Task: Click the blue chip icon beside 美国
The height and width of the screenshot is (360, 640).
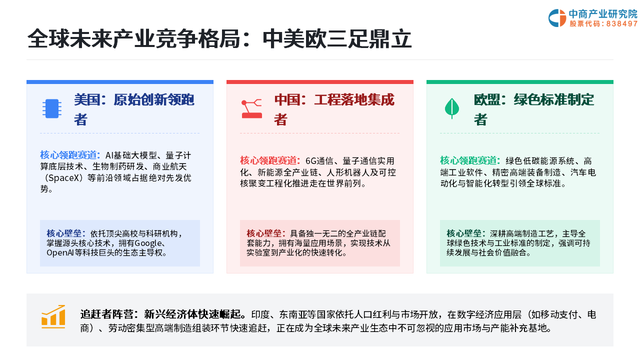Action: pyautogui.click(x=52, y=108)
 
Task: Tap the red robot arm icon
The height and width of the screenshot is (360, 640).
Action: pyautogui.click(x=251, y=109)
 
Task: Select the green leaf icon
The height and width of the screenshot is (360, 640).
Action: pyautogui.click(x=452, y=108)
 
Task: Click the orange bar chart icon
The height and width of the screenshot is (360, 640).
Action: pyautogui.click(x=53, y=316)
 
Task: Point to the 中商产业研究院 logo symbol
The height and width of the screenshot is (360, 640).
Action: pyautogui.click(x=557, y=18)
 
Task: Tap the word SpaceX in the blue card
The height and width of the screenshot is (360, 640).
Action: pyautogui.click(x=63, y=178)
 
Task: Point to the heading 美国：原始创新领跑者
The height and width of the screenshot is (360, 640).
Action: pyautogui.click(x=134, y=109)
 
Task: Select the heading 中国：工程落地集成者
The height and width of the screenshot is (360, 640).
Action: pyautogui.click(x=334, y=109)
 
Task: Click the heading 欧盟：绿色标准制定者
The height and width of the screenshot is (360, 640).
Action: pyautogui.click(x=534, y=109)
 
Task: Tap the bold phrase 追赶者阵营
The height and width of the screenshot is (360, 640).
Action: pyautogui.click(x=106, y=314)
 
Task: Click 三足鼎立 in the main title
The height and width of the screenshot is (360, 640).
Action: pyautogui.click(x=369, y=39)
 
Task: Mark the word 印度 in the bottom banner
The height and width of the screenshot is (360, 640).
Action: pyautogui.click(x=260, y=314)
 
